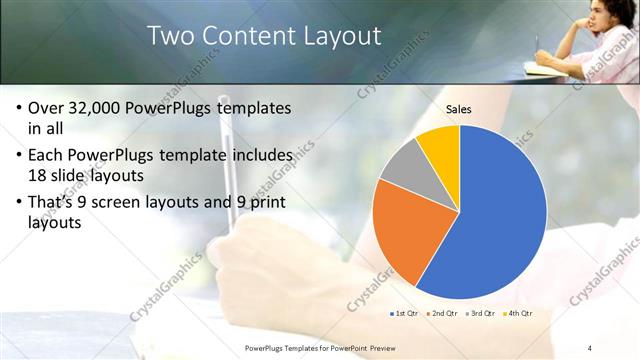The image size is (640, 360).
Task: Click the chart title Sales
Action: click(x=459, y=110)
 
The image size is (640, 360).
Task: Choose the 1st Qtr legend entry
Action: click(x=404, y=314)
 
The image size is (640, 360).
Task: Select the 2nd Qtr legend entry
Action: click(x=446, y=314)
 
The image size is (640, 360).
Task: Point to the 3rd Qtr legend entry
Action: click(x=481, y=314)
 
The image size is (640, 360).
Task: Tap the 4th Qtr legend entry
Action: click(x=518, y=314)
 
